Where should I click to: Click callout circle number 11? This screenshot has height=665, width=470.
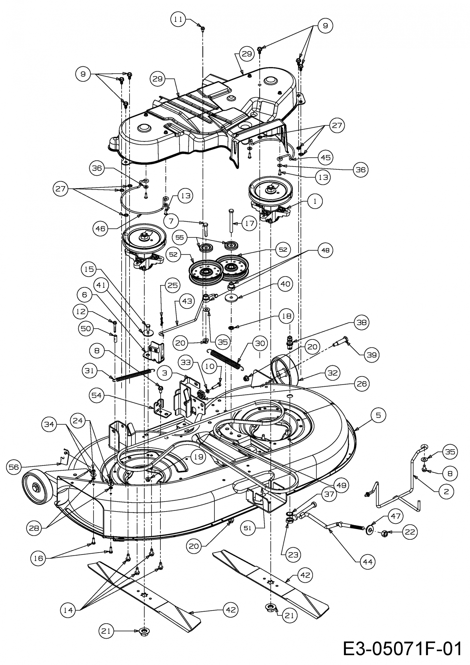click(x=178, y=19)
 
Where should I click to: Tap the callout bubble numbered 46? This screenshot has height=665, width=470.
click(x=100, y=228)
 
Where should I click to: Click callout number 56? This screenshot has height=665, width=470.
click(x=14, y=467)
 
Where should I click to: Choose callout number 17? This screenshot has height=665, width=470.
click(x=249, y=223)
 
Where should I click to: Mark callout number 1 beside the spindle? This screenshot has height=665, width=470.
click(x=315, y=201)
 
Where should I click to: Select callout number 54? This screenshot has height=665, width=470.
click(x=97, y=395)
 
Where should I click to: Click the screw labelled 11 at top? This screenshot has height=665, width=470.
click(x=203, y=28)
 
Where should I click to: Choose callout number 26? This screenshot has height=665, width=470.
click(x=362, y=384)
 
